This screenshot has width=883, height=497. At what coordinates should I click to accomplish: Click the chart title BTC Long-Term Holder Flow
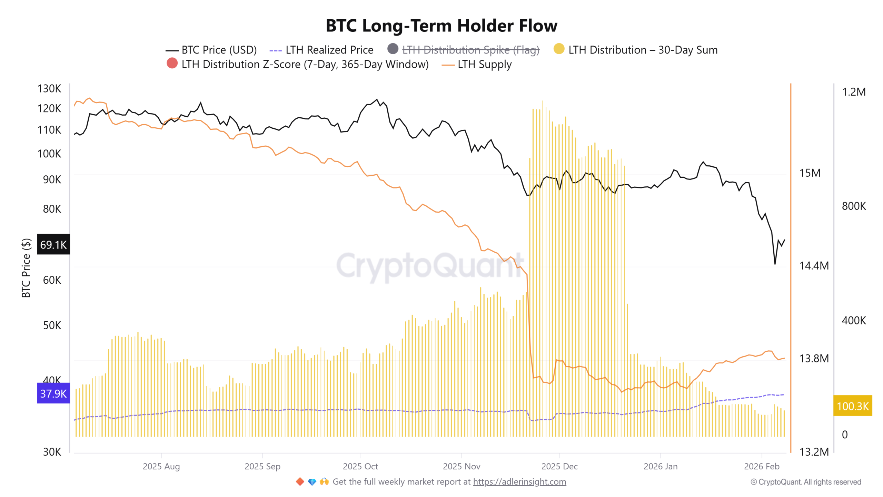441,26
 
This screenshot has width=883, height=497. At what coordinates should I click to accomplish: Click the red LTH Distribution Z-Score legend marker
172,64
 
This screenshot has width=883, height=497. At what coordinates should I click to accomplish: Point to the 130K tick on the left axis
49,89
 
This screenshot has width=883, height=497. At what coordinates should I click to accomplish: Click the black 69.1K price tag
53,244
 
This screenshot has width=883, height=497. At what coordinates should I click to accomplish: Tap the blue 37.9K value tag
53,393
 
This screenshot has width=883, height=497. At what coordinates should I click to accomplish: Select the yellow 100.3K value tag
852,406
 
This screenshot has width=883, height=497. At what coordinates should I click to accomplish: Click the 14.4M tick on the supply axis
814,265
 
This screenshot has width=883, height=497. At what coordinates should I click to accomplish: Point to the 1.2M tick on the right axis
853,92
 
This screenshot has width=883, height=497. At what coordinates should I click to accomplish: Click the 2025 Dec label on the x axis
559,466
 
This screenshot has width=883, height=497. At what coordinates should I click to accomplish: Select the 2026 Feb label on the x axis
761,466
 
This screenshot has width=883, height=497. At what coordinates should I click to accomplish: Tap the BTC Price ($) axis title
26,267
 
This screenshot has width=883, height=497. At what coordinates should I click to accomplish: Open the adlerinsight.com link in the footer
519,481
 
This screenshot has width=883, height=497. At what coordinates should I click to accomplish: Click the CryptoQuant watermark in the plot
429,266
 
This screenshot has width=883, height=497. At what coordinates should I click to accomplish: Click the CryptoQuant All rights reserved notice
805,482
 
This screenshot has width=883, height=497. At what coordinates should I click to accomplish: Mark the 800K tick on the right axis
853,206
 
